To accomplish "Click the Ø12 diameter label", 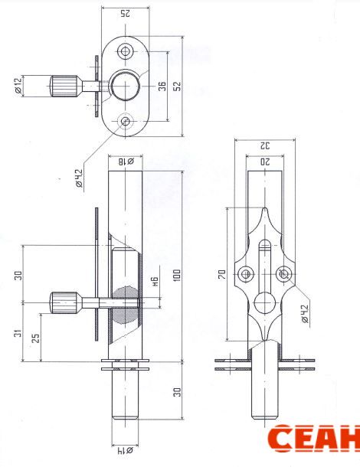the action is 18,86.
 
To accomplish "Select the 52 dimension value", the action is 177,86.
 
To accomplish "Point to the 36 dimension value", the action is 162,86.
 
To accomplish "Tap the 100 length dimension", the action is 177,276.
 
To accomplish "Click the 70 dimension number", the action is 222,274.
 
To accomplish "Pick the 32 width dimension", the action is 265,146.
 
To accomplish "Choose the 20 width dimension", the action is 265,162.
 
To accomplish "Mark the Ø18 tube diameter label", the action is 126,162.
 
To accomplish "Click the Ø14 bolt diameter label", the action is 125,450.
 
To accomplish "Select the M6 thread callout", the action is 155,282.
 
